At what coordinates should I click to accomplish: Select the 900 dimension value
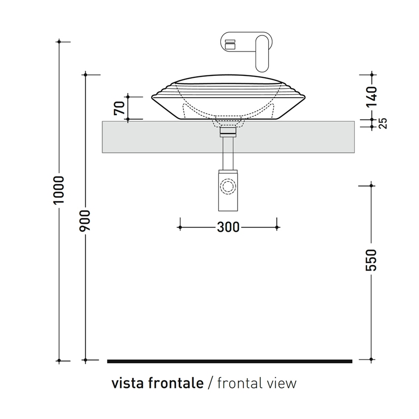[85, 222]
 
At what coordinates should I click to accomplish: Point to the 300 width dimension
[228, 227]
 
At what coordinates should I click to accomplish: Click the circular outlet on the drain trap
[228, 186]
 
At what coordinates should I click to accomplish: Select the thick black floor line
[229, 361]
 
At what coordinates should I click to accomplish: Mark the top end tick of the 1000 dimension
[59, 41]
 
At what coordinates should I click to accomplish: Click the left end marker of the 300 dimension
[180, 227]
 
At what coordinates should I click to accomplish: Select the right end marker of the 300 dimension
[277, 227]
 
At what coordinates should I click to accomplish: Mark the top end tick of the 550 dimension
[371, 185]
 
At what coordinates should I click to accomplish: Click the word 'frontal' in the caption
[239, 383]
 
